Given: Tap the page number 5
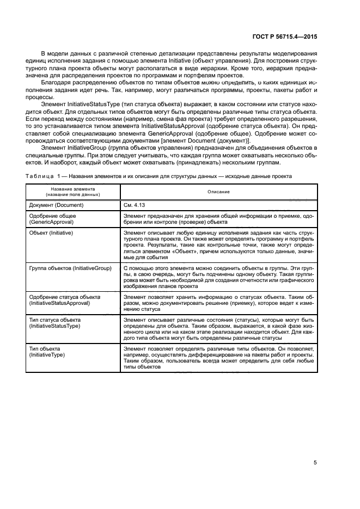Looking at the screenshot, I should click(315, 448).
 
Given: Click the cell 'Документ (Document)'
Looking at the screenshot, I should click(56, 205).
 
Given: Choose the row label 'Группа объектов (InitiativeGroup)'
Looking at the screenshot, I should click(70, 268).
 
